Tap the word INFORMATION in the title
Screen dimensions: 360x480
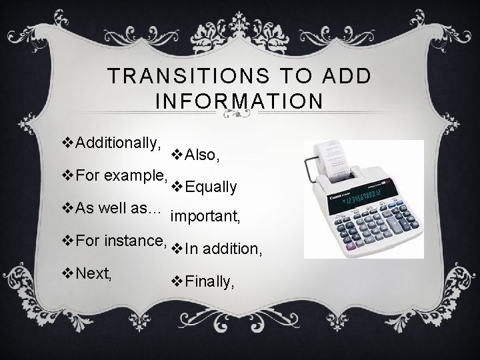pos(239,101)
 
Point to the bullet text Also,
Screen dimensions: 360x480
pos(201,155)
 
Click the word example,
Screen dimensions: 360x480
pos(133,176)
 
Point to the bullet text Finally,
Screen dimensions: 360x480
pos(209,283)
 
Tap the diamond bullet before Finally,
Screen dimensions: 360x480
pos(177,283)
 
